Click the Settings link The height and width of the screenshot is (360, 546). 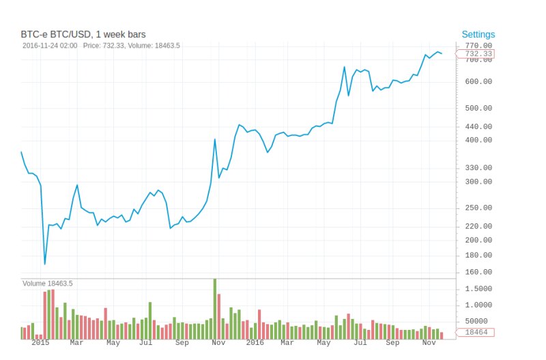[478, 34]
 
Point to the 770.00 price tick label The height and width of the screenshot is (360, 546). [478, 45]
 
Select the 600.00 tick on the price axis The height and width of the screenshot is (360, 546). [478, 81]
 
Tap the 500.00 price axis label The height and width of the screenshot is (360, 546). [478, 108]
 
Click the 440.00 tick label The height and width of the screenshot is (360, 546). [478, 126]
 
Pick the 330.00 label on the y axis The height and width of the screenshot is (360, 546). [478, 167]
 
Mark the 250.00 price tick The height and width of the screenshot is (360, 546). [478, 208]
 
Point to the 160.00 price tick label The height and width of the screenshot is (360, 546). [478, 272]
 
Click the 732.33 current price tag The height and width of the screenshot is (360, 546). [478, 53]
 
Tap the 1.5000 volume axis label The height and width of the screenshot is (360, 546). [478, 289]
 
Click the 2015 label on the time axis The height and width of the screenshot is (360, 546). [40, 344]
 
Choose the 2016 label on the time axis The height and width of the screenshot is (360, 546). [255, 344]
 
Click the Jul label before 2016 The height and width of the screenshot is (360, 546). [145, 344]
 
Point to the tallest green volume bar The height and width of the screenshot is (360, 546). [215, 309]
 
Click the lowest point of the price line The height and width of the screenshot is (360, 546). [45, 264]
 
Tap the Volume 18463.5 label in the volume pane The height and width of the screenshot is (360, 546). [48, 283]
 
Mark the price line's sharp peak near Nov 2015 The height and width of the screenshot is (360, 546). [215, 139]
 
